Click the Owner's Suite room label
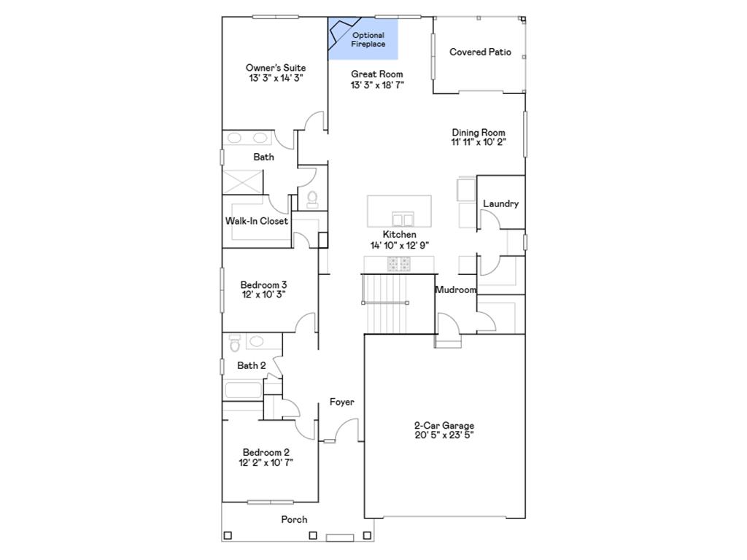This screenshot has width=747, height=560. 275,68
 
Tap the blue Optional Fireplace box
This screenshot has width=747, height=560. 363,39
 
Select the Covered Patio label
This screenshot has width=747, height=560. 480,52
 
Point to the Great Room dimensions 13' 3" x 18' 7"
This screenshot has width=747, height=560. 377,85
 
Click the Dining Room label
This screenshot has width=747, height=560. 478,133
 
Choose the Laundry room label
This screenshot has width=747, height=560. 500,204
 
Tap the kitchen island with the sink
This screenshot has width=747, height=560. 399,211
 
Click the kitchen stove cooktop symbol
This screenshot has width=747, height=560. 400,264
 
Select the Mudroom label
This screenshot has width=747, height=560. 455,290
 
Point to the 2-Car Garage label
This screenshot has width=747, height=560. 444,426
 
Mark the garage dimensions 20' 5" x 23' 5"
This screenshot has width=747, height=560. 444,436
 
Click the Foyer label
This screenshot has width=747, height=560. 341,402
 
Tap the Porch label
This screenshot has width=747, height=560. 294,520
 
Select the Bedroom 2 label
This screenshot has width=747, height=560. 266,452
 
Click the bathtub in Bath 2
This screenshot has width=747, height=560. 243,390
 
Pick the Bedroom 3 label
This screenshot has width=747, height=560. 263,285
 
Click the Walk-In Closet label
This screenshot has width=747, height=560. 256,221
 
